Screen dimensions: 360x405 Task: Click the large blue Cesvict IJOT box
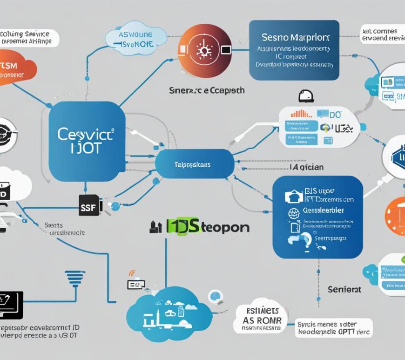pos(87,141)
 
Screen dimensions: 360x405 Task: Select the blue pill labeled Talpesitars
pos(194,165)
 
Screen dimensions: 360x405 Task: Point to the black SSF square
pos(90,205)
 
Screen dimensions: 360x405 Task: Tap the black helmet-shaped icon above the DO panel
pos(305,96)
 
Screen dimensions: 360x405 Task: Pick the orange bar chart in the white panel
pos(301,113)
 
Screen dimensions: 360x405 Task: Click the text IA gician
pos(306,167)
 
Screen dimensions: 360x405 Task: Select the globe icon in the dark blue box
pos(293,213)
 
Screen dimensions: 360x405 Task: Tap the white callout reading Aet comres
pos(381,35)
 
